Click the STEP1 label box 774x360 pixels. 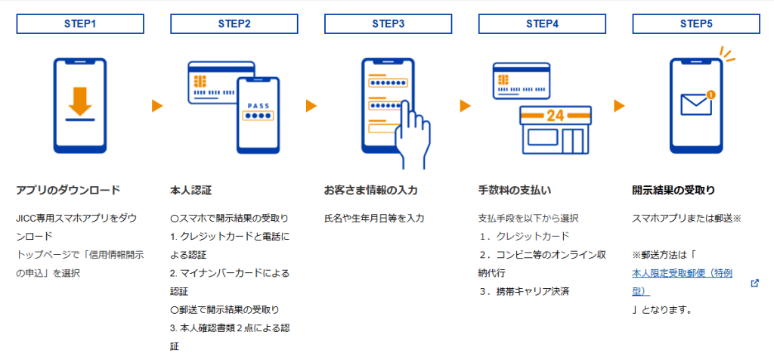(80, 24)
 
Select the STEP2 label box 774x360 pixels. (234, 24)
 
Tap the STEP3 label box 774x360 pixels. (389, 24)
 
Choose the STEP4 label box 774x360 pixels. (543, 24)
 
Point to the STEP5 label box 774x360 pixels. (696, 24)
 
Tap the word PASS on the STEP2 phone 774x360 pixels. (259, 106)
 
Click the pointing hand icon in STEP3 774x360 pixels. (413, 132)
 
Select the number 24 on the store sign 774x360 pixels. (556, 116)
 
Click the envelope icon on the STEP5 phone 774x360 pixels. (695, 104)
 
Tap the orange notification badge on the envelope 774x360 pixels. (710, 95)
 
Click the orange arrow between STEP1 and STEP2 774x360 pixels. (157, 106)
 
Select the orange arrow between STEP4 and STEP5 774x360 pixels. (619, 106)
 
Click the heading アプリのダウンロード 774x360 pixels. (68, 190)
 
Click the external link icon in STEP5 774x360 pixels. (754, 283)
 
